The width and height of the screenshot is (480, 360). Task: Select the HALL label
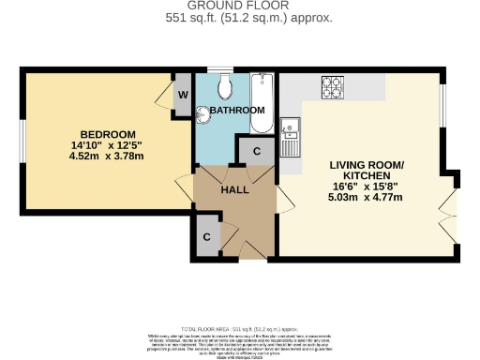tap(233, 189)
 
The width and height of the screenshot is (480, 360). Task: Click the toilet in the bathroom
tap(222, 88)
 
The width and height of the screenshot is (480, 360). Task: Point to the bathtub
tap(262, 103)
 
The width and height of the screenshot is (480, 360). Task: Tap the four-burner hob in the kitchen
tap(333, 87)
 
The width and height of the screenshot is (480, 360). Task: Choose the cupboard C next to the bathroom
tap(254, 150)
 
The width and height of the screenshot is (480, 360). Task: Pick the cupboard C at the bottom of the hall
tap(206, 237)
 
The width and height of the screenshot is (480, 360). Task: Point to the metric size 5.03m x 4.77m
tap(366, 197)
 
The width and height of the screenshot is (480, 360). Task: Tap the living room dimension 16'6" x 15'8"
tap(366, 187)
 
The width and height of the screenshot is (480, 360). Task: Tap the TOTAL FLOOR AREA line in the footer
tap(240, 330)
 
